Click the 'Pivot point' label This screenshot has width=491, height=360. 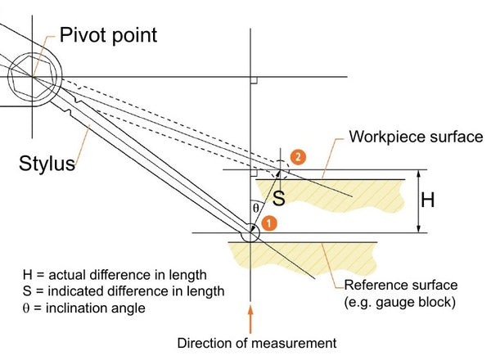[x=108, y=35]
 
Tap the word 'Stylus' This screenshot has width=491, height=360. [x=47, y=163]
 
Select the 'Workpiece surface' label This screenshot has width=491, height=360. [x=417, y=137]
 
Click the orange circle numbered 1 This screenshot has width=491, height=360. [x=269, y=223]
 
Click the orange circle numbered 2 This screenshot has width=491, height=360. [x=298, y=156]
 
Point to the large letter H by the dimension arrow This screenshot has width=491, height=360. [x=428, y=200]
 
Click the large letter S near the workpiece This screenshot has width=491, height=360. [x=279, y=198]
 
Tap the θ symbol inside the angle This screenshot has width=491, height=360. [x=256, y=208]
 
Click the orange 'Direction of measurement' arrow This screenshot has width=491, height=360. [x=250, y=319]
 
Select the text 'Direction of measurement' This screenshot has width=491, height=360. [x=257, y=343]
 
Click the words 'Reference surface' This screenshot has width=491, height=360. [x=401, y=286]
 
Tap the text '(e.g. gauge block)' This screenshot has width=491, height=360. [x=400, y=303]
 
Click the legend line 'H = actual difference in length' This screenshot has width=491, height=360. [x=115, y=275]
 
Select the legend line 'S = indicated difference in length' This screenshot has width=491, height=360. [x=124, y=291]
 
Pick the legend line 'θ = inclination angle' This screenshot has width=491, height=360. [x=84, y=308]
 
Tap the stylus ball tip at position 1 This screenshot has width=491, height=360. [x=250, y=233]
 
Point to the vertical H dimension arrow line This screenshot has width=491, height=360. [x=419, y=201]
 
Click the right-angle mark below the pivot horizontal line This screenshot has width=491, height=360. [x=254, y=80]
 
